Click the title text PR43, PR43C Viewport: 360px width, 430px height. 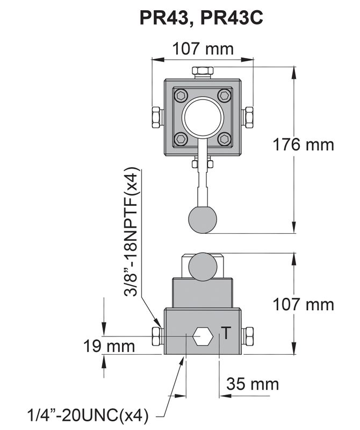[201, 18]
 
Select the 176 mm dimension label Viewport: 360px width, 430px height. [303, 145]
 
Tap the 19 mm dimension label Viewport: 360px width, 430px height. [109, 346]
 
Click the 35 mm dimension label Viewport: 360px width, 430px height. [253, 384]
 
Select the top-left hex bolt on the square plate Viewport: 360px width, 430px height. [181, 96]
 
